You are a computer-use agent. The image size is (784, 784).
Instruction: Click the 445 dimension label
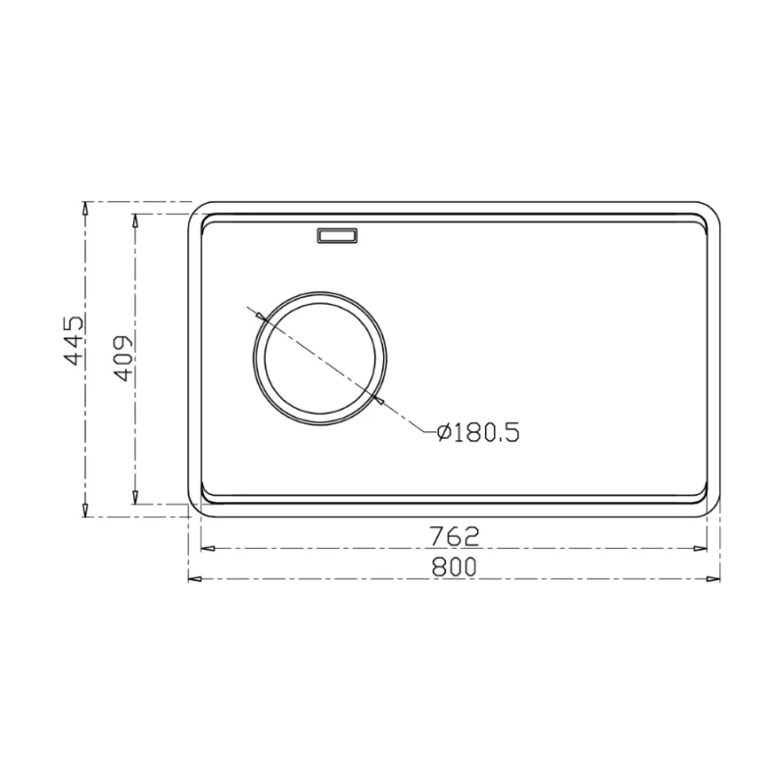tap(75, 340)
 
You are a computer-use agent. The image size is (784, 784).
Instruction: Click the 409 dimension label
tap(123, 358)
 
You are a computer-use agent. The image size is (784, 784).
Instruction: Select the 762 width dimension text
tap(454, 536)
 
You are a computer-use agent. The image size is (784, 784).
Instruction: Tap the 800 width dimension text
tap(454, 567)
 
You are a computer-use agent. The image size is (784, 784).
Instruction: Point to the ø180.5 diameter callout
tap(478, 432)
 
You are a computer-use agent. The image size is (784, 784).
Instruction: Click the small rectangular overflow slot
tap(337, 235)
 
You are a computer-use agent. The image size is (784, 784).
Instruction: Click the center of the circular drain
tap(320, 359)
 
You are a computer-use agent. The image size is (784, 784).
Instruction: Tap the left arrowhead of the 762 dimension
tap(208, 549)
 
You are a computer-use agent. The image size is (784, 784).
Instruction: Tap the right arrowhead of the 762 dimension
tap(700, 549)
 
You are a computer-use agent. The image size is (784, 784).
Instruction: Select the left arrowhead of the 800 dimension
tap(195, 579)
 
